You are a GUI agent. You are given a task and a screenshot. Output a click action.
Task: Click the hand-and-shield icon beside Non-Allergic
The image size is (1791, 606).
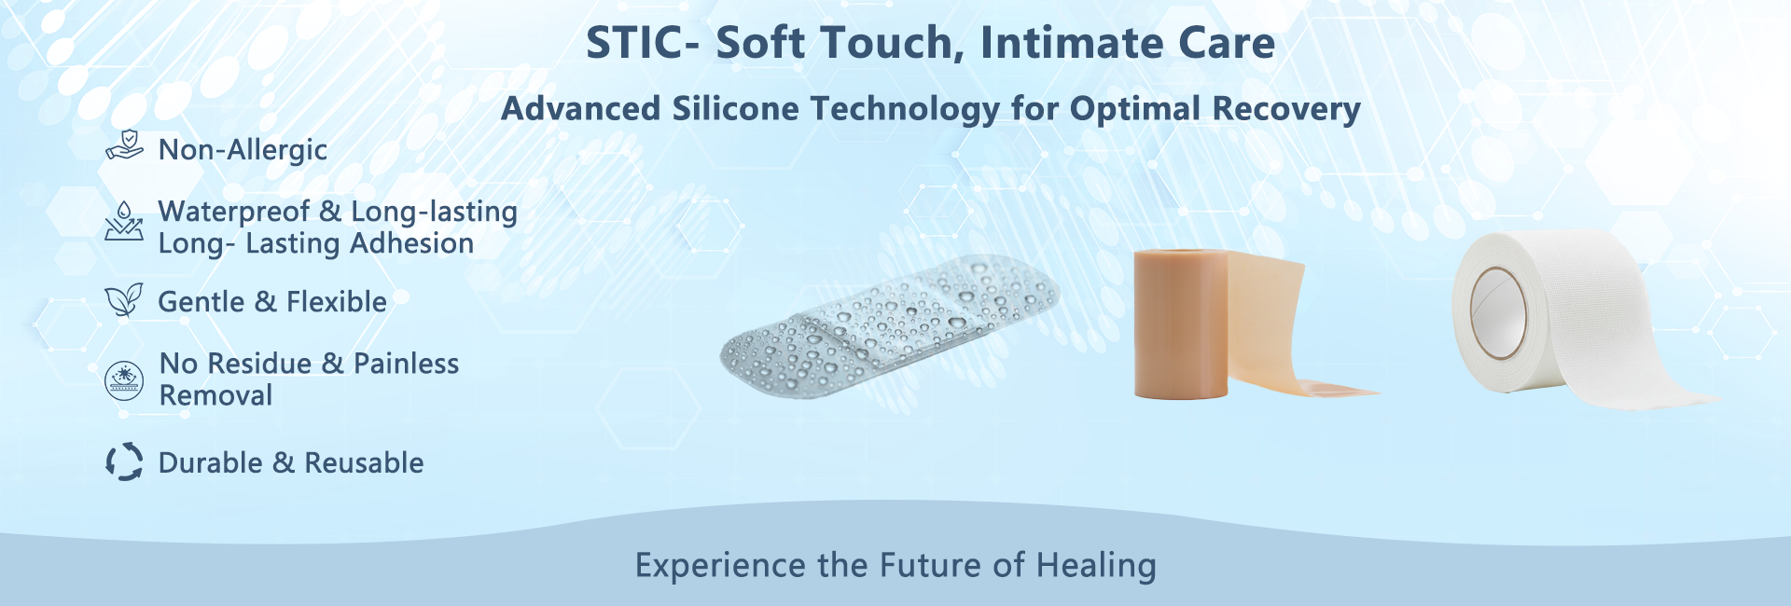click(x=124, y=146)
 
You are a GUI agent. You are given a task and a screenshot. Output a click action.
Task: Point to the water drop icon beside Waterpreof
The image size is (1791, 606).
click(x=124, y=221)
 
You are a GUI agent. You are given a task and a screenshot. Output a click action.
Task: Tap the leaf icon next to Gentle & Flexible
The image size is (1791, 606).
click(x=124, y=300)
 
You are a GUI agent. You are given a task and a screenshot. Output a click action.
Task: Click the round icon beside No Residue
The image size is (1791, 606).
click(x=124, y=380)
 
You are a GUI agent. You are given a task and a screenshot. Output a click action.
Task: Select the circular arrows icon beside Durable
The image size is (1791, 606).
click(x=124, y=461)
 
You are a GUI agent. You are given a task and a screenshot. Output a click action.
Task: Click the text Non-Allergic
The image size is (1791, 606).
click(x=243, y=149)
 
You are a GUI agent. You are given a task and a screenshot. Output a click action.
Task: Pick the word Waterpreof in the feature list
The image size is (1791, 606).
click(x=233, y=212)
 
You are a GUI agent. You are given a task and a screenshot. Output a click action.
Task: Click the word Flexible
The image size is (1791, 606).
click(x=336, y=302)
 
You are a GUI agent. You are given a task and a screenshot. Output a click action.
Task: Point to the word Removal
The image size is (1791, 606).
click(x=215, y=395)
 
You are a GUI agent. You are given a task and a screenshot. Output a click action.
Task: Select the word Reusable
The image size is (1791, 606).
click(x=364, y=462)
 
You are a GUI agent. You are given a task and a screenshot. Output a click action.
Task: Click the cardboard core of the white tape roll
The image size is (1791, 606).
click(x=1498, y=311)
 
